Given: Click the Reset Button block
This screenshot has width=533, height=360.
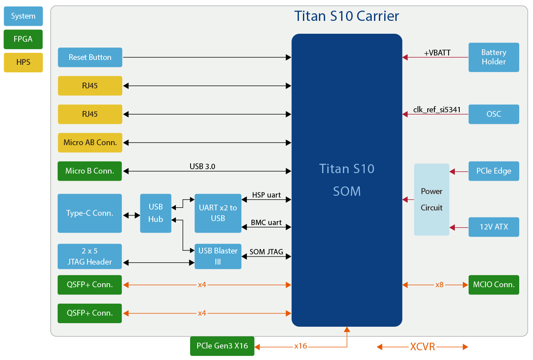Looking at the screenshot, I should pos(90,57).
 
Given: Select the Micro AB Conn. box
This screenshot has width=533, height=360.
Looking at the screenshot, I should pos(90,142).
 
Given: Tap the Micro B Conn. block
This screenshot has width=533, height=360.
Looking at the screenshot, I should pos(90,171).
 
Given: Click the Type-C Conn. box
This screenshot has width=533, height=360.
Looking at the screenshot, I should pos(90,213).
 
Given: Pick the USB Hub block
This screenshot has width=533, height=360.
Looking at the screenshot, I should pos(155,213).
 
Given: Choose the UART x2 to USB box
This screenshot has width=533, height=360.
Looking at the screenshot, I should pos(218,213).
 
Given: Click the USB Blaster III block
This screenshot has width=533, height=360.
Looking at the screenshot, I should pos(218,256).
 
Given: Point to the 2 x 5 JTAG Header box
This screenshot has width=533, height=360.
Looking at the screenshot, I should pos(90,256).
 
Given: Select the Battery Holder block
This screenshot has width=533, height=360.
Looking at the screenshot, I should pos(493,57).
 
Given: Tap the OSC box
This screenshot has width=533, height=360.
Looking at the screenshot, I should pos(493,114).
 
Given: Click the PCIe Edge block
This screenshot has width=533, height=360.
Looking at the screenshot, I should pos(493,171).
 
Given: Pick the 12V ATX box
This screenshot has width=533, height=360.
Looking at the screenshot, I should pos(493,227).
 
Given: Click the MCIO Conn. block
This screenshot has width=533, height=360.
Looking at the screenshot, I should pos(493,285).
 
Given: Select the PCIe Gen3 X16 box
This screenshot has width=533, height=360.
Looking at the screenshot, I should pos(222,346).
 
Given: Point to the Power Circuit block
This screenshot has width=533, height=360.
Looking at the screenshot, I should pos(431,199).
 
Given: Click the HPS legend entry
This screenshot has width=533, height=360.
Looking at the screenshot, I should pos(23,62).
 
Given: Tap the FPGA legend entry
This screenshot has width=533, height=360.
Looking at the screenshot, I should pos(23,39).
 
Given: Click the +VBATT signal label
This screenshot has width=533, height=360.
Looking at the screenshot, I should pos(437,53).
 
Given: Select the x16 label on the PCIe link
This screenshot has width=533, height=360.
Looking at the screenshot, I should pos(300,346).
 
